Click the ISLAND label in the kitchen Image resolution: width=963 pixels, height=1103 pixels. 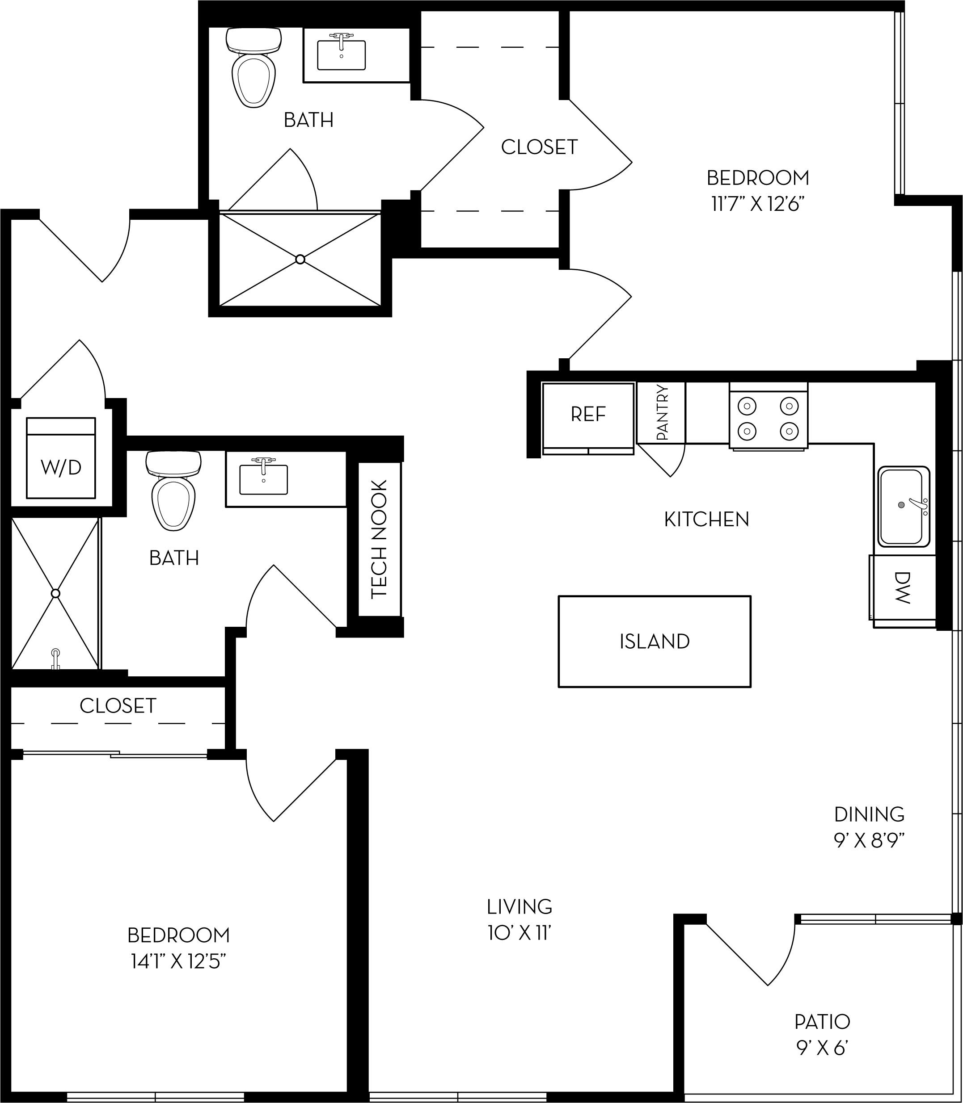pos(654,641)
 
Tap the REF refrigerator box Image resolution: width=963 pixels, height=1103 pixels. pos(588,414)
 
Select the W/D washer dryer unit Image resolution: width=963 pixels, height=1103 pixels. pos(61,458)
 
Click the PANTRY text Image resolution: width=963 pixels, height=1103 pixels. pos(662,412)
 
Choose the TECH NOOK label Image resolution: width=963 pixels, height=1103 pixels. pos(380,539)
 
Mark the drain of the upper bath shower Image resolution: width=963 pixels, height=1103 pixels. pos(300,260)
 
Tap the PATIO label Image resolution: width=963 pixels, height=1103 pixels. pos(822,1022)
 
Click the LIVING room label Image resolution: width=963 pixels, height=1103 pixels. pos(519,906)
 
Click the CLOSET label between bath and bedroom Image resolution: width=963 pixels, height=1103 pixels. pos(539,147)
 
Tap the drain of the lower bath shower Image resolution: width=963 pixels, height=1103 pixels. pos(55,593)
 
